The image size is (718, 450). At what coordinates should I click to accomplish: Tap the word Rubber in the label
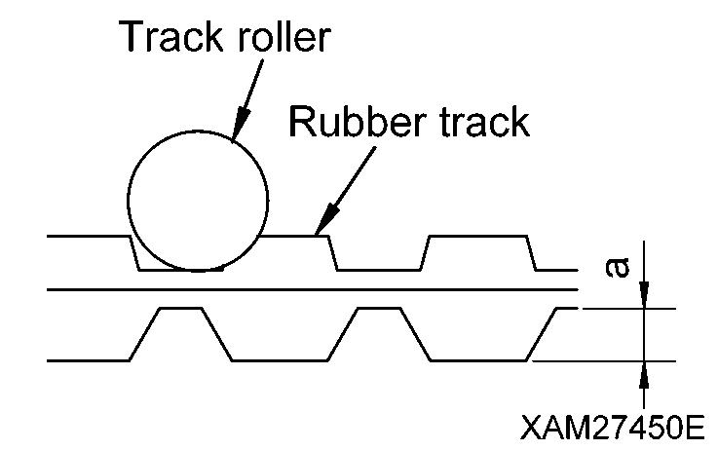(x=347, y=123)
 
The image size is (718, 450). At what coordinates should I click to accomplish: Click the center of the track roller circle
(x=198, y=201)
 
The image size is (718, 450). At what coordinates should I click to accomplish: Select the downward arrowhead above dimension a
(x=643, y=298)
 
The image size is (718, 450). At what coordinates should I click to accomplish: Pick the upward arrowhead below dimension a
(x=643, y=371)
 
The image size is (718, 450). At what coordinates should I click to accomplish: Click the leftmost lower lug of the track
(x=180, y=331)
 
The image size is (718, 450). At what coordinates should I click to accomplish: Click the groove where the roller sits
(x=180, y=265)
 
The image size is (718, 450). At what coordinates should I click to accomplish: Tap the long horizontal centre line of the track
(x=312, y=289)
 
